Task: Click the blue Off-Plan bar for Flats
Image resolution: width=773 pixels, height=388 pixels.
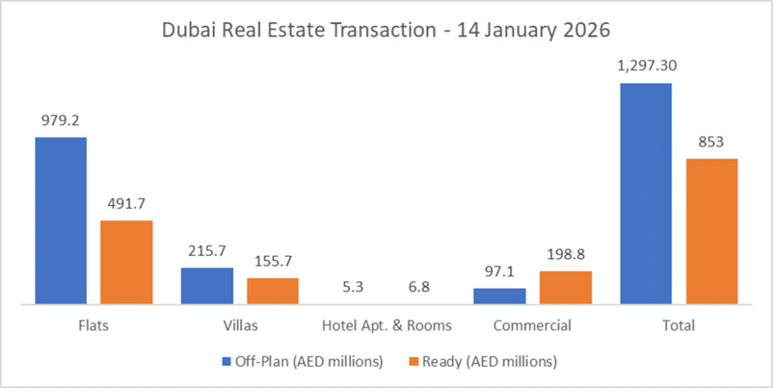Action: coord(60,220)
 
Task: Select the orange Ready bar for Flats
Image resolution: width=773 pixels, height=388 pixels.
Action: coord(127,262)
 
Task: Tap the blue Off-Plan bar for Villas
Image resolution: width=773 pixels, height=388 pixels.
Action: coord(207,285)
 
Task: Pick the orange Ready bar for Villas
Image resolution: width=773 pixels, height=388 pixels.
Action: coord(273,291)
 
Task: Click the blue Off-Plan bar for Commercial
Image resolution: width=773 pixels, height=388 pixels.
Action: coord(500,296)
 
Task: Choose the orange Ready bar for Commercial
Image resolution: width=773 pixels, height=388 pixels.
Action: coord(565,288)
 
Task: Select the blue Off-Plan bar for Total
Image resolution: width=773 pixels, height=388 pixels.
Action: coord(645,193)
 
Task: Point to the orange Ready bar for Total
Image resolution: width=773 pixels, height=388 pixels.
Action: coord(711,231)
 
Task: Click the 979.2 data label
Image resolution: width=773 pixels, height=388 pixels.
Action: coord(60,120)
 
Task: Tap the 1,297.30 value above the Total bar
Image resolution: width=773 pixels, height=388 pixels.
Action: coord(645,66)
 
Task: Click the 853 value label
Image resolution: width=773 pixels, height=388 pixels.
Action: coord(711,141)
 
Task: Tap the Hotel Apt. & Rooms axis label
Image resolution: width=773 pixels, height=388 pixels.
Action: coord(386,326)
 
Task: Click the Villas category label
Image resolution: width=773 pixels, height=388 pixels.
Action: coord(240,326)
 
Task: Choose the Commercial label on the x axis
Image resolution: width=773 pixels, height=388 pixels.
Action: coord(532,326)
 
